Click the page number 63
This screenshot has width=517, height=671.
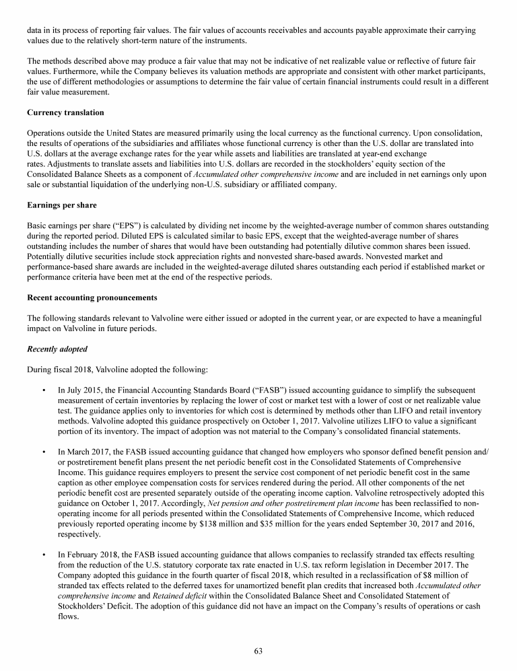coord(258,650)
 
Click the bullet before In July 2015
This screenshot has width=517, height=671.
coord(43,390)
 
